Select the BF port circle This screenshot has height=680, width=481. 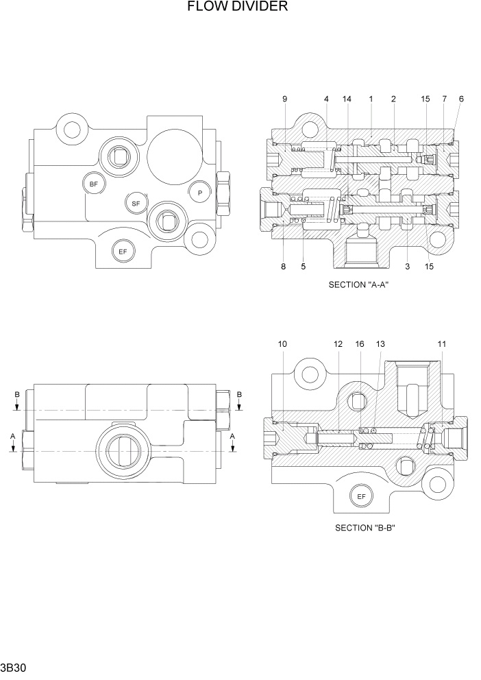[93, 183]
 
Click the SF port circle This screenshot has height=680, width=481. [136, 204]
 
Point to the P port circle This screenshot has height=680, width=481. [199, 193]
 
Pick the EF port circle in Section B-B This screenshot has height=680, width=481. [360, 496]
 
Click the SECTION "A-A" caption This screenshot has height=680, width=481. [358, 285]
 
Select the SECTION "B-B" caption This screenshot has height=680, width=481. [366, 528]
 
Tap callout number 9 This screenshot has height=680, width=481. [284, 99]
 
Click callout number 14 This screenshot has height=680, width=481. [347, 99]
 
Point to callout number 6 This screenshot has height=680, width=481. [461, 99]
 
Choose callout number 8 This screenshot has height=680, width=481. [283, 267]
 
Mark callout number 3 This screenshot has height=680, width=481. [407, 267]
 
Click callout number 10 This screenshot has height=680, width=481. [283, 343]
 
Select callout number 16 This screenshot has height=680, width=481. [360, 343]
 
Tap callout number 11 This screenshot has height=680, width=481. [442, 343]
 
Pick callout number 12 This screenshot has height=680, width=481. [338, 343]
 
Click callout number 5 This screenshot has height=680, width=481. [303, 267]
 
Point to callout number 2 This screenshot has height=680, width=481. [393, 99]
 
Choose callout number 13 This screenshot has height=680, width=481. [381, 343]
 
